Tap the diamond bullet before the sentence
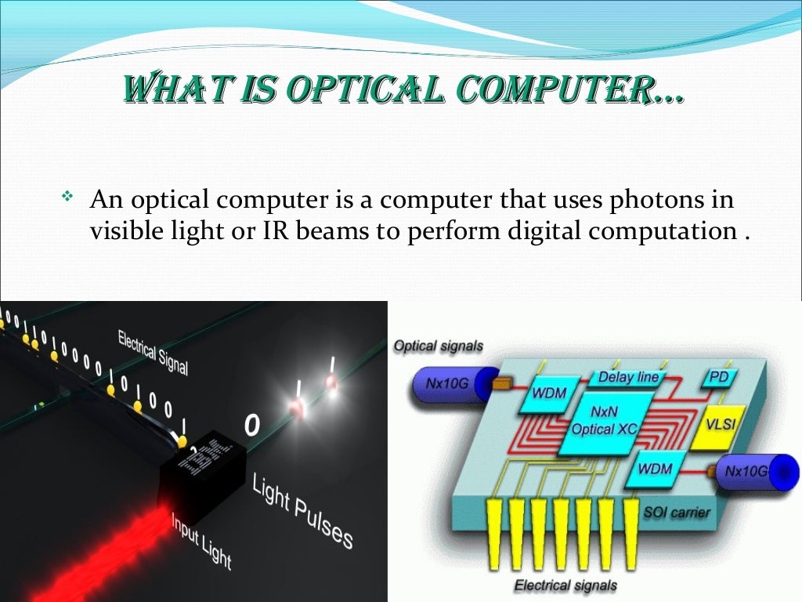pyautogui.click(x=67, y=194)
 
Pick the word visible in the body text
pyautogui.click(x=128, y=232)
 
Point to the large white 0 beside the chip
pyautogui.click(x=251, y=426)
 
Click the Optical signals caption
pyautogui.click(x=438, y=346)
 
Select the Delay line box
pyautogui.click(x=628, y=378)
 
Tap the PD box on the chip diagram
pyautogui.click(x=717, y=377)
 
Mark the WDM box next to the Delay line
pyautogui.click(x=549, y=393)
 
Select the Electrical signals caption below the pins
pyautogui.click(x=565, y=585)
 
